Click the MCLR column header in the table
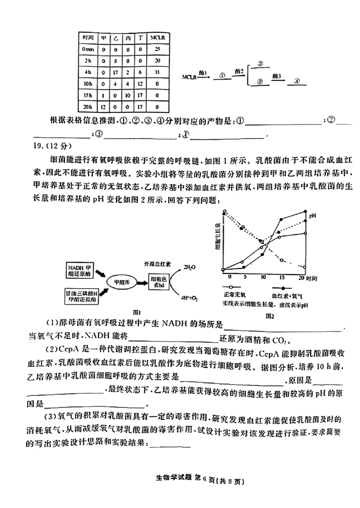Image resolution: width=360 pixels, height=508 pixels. (157, 38)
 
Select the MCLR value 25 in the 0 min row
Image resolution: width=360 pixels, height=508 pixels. (157, 49)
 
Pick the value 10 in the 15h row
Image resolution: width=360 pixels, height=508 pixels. (128, 96)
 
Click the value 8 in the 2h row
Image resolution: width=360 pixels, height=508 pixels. (116, 61)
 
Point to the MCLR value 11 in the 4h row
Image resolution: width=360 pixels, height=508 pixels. (157, 72)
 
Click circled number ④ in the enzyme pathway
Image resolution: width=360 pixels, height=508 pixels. (297, 81)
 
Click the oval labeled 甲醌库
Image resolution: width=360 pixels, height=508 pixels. (121, 281)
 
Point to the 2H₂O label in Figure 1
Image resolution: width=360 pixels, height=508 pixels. (189, 267)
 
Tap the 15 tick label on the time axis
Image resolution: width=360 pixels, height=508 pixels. (282, 277)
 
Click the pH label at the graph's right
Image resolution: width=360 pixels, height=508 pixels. (312, 216)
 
